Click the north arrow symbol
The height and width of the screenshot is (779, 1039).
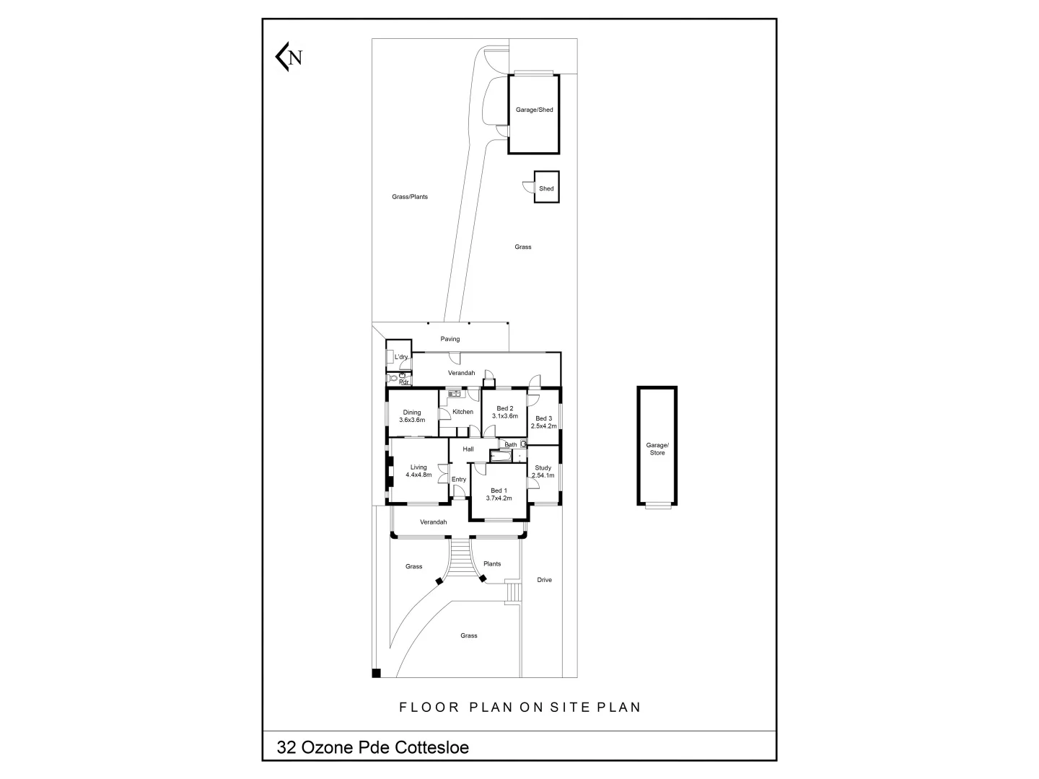coord(288,57)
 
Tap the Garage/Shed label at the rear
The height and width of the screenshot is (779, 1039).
coord(534,110)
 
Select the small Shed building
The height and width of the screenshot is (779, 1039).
coord(546,188)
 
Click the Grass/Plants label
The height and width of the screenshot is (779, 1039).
coord(410,196)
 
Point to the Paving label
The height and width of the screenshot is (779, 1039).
coord(450,339)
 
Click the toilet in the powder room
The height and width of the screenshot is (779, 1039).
coord(393,378)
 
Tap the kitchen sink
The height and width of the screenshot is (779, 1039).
coord(454,394)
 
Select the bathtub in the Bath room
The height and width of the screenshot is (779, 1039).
coord(500,457)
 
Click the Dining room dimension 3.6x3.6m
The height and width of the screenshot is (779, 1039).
coord(412,420)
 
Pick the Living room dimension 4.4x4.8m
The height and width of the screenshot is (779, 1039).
coord(418,475)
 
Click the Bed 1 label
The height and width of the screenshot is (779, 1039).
coord(499,490)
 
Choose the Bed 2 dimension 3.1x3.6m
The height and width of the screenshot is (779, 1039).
coord(505,416)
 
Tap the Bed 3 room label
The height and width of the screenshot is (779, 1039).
coord(543,418)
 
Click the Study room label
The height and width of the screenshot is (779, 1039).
coord(543,467)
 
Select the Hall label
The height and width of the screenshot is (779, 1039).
coord(468,449)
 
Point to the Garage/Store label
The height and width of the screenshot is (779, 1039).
coord(657,449)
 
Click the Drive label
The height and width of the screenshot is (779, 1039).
coord(544,580)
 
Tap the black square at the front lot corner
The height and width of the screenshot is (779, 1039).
coord(376,674)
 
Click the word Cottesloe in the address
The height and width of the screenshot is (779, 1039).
coord(431,747)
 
